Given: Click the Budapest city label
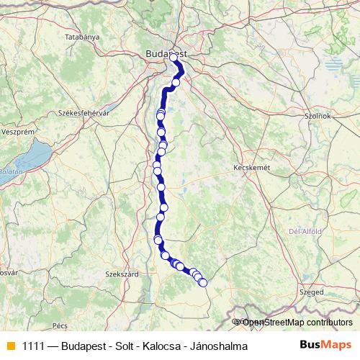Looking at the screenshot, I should (166, 53).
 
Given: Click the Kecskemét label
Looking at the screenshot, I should (252, 167).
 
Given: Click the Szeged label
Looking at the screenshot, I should (312, 293).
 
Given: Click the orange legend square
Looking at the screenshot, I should (9, 346).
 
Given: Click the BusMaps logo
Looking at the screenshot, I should (325, 346).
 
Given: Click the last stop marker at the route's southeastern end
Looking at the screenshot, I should (202, 283).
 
